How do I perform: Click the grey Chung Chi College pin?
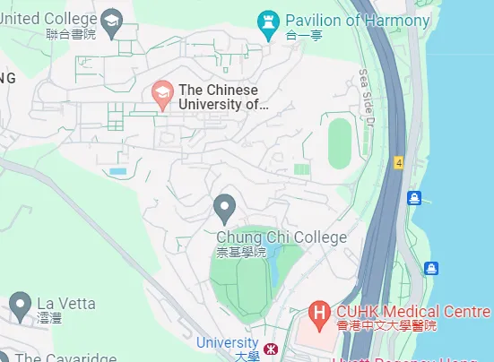coord(225,209)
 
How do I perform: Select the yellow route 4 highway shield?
coord(397,162)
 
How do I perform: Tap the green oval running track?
coord(340,143)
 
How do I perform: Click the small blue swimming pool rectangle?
coord(118,170)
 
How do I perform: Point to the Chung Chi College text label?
coord(281,237)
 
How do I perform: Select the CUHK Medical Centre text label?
coord(412,312)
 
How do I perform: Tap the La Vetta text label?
coord(65,303)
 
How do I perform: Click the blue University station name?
coord(227,342)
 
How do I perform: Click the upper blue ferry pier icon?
coord(414,197)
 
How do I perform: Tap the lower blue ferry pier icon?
coord(430,267)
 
